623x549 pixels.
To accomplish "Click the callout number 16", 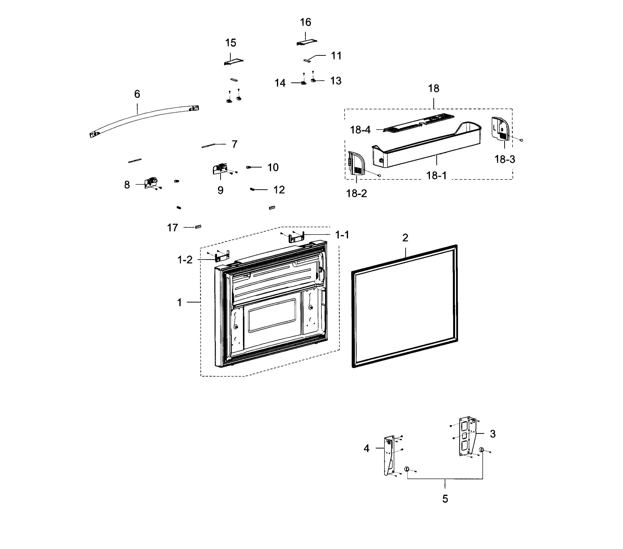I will click(306, 22).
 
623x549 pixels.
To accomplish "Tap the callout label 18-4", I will click(360, 130).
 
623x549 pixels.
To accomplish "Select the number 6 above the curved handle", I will click(137, 94).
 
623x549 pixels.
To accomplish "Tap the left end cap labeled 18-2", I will click(355, 163).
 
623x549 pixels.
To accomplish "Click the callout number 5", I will click(445, 499).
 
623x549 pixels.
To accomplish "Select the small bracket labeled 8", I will click(151, 183).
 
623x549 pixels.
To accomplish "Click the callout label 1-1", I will click(342, 235).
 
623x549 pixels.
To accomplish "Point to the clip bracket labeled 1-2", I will click(222, 256).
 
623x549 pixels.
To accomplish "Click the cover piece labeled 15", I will click(233, 62).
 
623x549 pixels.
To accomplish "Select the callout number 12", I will click(279, 190).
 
